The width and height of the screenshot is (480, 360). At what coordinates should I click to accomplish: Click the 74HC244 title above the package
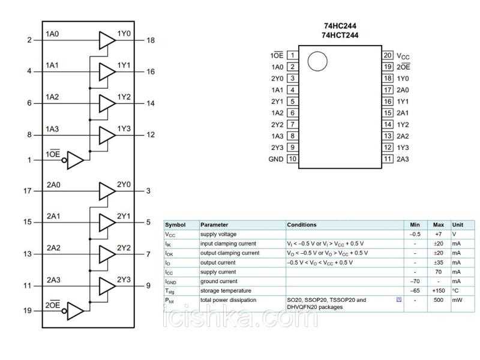point(340,26)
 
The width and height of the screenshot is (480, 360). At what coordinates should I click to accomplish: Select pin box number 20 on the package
point(388,55)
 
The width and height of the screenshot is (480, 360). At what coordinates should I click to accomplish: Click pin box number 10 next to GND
point(292,159)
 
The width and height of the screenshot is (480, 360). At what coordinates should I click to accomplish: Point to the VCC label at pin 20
point(403,56)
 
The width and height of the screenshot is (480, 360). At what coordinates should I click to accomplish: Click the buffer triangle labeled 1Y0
point(106,40)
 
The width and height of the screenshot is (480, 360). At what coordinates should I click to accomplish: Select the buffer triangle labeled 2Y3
point(106,286)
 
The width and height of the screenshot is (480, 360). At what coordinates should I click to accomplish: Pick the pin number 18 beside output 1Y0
point(150,40)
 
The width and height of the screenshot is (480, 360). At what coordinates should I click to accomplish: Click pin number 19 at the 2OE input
point(28,311)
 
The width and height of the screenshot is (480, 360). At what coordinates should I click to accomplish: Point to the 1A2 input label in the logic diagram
point(53,97)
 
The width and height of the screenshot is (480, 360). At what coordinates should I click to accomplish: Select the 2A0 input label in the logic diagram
point(53,185)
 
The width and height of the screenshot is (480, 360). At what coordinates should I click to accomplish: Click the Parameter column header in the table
point(214,225)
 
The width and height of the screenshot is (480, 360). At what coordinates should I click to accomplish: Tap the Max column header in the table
point(438,225)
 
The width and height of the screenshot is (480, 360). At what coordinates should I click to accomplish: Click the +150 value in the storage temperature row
point(438,290)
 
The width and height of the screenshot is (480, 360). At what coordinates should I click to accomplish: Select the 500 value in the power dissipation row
point(438,300)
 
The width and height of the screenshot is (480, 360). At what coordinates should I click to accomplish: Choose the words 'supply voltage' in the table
point(218,234)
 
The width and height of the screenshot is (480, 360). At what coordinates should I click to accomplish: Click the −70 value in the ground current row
point(415,281)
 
